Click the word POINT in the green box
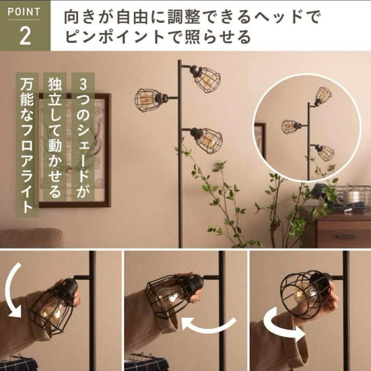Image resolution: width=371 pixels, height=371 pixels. [x=24, y=12]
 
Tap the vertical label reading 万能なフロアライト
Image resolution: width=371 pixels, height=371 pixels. [x=27, y=145]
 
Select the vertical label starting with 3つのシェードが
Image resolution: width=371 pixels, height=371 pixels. [x=82, y=137]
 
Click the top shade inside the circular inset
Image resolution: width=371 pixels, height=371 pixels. [x=323, y=96]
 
